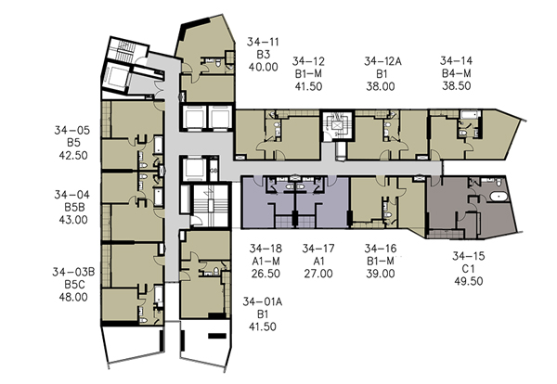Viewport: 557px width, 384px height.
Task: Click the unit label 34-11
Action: click(263, 42)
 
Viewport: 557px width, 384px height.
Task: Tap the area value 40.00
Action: click(263, 67)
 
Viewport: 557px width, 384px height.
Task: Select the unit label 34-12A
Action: click(382, 61)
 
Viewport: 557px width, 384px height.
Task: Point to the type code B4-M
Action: click(457, 73)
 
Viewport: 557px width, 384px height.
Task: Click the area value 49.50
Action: click(469, 281)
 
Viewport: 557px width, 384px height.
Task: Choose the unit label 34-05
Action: click(72, 130)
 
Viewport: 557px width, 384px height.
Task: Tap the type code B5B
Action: click(73, 207)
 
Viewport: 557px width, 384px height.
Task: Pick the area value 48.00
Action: click(73, 297)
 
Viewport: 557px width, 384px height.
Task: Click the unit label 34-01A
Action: click(263, 301)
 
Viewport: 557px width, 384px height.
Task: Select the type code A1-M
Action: click(266, 262)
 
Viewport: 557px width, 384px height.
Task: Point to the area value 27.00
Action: click(318, 274)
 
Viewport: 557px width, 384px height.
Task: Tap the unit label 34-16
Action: click(381, 249)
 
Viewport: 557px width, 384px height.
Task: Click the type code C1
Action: click(469, 268)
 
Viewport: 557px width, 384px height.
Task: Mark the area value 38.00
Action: click(381, 86)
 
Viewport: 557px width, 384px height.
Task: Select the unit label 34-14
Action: click(457, 60)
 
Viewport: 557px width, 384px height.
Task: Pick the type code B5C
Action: click(73, 284)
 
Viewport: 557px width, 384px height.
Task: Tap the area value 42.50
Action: click(73, 156)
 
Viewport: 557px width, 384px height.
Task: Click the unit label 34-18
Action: click(266, 249)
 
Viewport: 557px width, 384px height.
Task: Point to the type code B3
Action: click(264, 55)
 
